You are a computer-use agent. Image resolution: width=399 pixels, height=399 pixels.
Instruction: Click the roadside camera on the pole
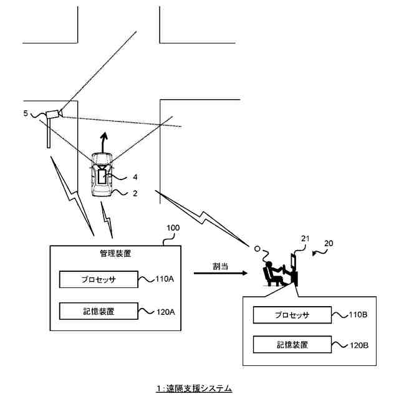pos(54,113)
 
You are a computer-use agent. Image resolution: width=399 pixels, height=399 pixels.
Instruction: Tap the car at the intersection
pos(102,175)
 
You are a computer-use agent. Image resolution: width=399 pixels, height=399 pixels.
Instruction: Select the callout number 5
pos(26,113)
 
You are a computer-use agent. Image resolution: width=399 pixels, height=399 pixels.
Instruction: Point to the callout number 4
pos(135,177)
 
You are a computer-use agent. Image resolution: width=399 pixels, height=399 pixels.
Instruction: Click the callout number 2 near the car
pos(135,193)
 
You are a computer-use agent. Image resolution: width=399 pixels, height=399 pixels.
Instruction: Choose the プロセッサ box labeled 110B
pos(292,315)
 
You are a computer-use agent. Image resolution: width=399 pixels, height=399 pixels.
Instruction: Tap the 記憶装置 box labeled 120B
pos(292,344)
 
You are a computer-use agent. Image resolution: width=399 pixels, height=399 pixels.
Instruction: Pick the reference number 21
pos(305,238)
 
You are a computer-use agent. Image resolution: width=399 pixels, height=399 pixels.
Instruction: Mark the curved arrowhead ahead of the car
pos(105,135)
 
